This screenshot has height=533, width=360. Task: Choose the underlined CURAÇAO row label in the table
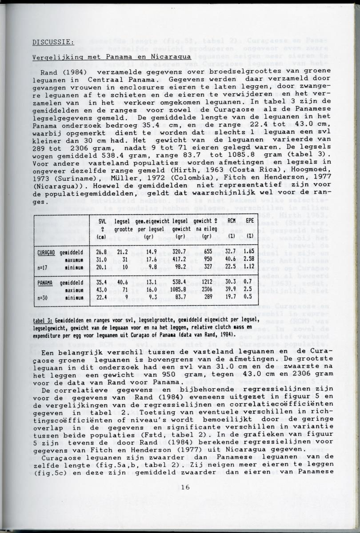coord(46,251)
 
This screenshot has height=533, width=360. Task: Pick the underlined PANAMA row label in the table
coord(44,282)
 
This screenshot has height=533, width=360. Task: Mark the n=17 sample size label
coord(43,268)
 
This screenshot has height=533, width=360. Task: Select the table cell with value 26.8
coord(103,251)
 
